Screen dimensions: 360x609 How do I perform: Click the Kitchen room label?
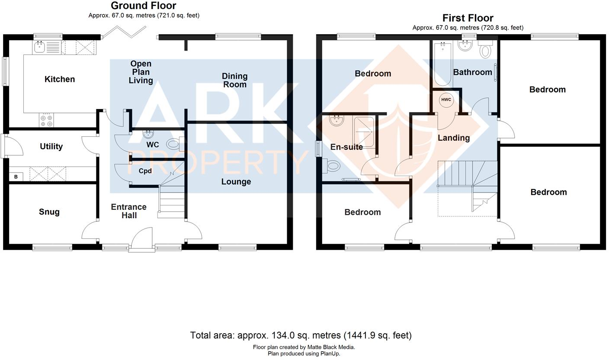tap(60, 79)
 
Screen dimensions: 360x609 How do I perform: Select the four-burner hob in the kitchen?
tap(46, 120)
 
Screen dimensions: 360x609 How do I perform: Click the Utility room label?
tap(51, 147)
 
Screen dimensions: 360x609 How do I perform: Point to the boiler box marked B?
tap(16, 177)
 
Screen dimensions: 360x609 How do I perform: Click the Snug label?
tap(49, 212)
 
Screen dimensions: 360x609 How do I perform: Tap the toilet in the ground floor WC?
tap(174, 143)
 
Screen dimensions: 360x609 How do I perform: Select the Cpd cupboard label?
tap(145, 171)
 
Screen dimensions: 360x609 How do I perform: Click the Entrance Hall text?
tap(129, 211)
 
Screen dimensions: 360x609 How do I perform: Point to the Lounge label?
tap(236, 182)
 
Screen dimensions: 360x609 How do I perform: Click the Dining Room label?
tap(234, 80)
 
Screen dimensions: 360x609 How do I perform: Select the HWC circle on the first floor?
tap(446, 100)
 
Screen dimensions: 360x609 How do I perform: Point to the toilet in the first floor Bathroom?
tap(486, 50)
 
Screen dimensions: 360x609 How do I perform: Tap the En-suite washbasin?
tap(336, 120)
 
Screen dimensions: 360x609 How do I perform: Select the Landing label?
tap(453, 138)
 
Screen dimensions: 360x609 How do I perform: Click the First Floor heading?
tap(468, 18)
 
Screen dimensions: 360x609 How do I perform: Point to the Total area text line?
tap(301, 335)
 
